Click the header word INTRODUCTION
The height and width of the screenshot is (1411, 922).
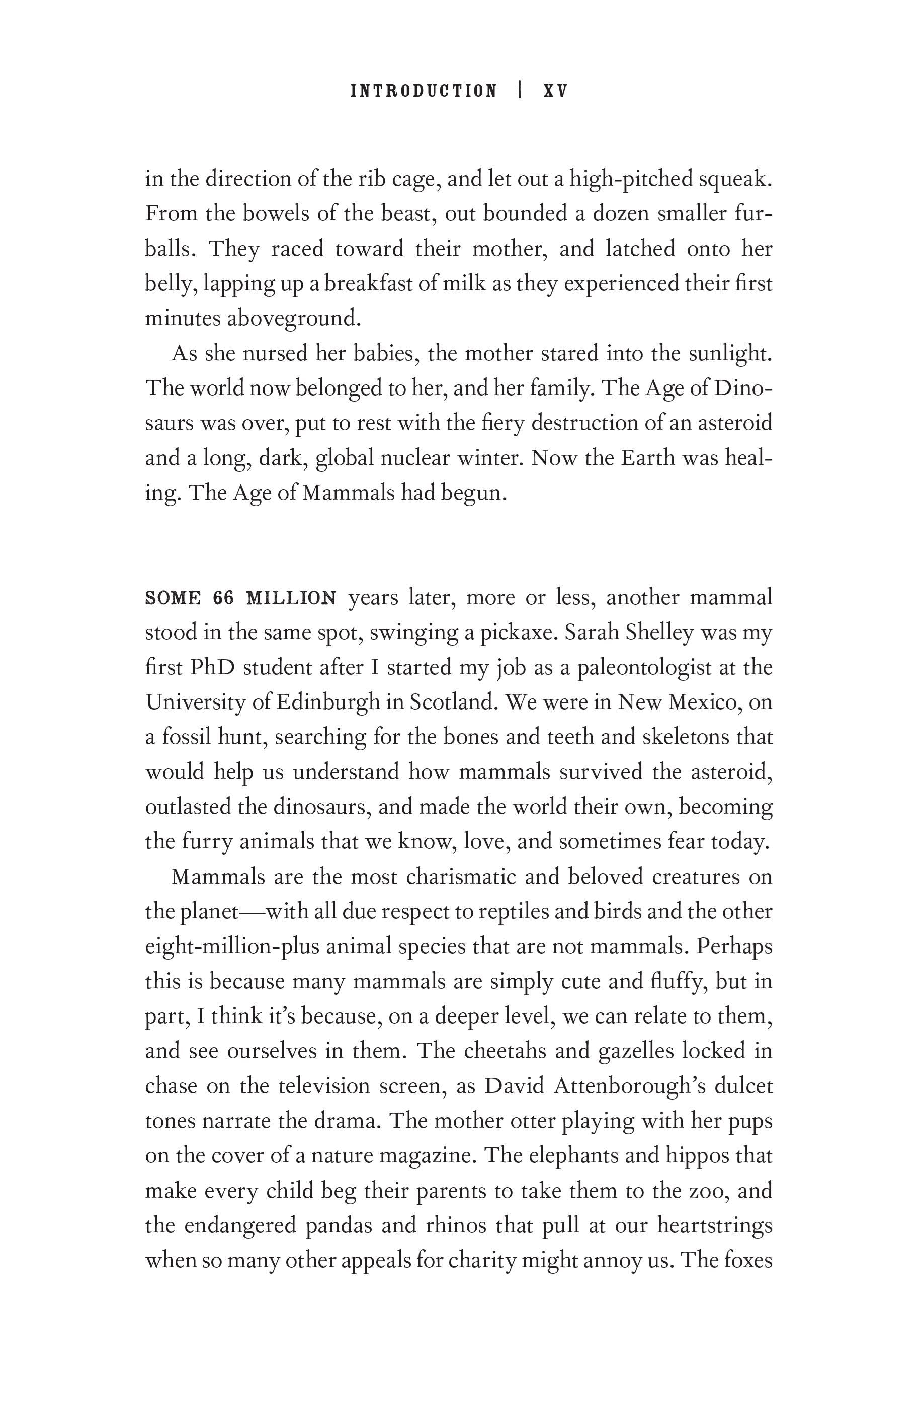click(424, 91)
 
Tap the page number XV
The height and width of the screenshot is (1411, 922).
click(555, 91)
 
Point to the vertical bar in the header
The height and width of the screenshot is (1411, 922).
click(520, 90)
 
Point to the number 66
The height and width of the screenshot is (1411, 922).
click(224, 598)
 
